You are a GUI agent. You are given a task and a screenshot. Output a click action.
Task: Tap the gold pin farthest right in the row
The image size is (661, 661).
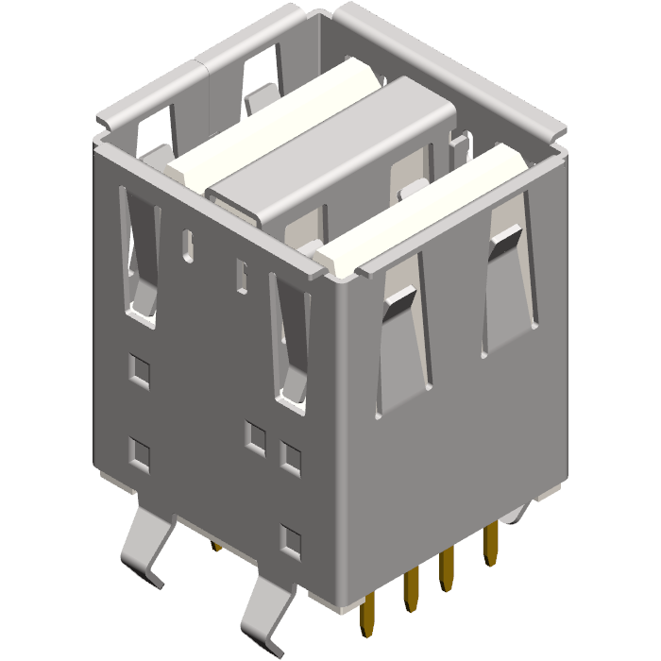click(490, 545)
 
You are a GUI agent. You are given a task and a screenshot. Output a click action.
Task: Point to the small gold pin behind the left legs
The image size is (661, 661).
click(216, 546)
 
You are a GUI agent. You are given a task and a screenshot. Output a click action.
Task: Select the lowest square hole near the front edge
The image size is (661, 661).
click(292, 540)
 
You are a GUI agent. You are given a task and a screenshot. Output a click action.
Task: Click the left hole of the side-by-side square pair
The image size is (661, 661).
click(255, 436)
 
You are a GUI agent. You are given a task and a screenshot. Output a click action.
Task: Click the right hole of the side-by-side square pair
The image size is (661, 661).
click(291, 457)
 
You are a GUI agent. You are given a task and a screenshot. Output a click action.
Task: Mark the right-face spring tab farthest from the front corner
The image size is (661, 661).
click(510, 283)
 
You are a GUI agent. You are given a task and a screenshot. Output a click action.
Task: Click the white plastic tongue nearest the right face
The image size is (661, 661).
click(425, 212)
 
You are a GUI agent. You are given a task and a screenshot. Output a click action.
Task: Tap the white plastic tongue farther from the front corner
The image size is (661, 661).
click(274, 118)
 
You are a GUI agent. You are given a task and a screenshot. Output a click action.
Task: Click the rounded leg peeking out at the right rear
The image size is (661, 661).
click(517, 513)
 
